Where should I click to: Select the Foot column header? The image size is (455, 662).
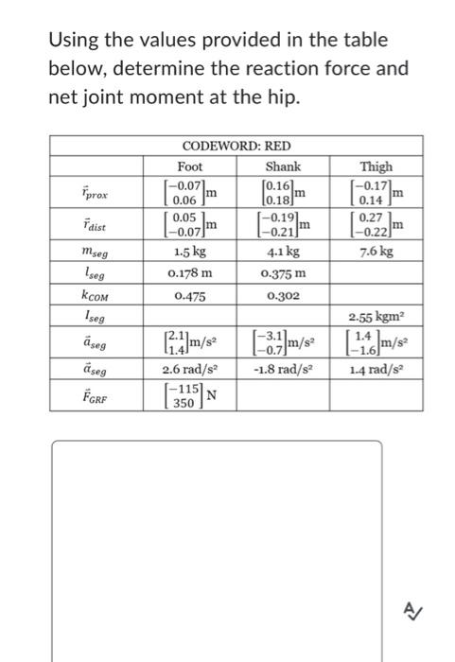[x=190, y=165]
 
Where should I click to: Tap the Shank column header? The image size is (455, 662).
[x=283, y=165]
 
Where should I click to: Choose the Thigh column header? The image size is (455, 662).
[x=376, y=165]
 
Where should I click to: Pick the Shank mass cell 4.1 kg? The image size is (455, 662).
[x=283, y=253]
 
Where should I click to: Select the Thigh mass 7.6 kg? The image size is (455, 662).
[x=376, y=253]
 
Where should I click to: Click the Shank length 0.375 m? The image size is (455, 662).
[x=283, y=273]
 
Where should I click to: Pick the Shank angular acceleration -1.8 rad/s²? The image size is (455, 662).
[x=283, y=368]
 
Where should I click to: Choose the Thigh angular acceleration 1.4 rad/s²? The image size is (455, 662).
[x=376, y=368]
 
